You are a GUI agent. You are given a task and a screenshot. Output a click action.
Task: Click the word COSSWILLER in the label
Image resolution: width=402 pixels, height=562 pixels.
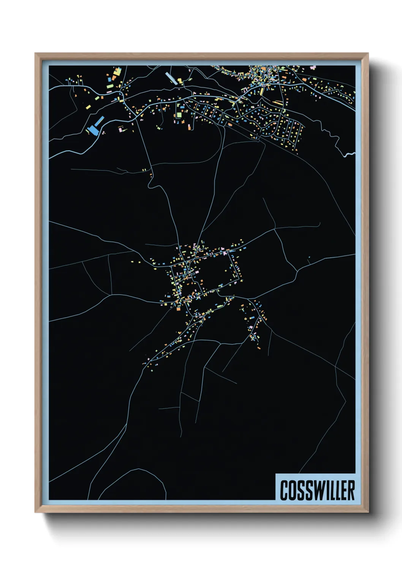pyautogui.click(x=317, y=490)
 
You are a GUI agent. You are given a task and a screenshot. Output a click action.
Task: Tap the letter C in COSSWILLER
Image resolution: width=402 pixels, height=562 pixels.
pyautogui.click(x=284, y=490)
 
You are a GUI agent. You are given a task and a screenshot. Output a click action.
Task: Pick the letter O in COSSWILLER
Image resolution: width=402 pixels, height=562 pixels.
pyautogui.click(x=292, y=490)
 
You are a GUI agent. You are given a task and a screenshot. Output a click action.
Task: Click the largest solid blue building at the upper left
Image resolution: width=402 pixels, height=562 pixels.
pyautogui.click(x=93, y=130)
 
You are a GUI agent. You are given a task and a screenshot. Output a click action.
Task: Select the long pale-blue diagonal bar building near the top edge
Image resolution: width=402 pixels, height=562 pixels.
pyautogui.click(x=171, y=79)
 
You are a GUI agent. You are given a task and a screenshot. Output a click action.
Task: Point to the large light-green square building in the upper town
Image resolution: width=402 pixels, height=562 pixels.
pyautogui.click(x=179, y=115)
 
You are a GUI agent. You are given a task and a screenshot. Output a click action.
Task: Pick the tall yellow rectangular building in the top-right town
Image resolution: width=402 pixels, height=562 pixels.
pyautogui.click(x=262, y=92)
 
